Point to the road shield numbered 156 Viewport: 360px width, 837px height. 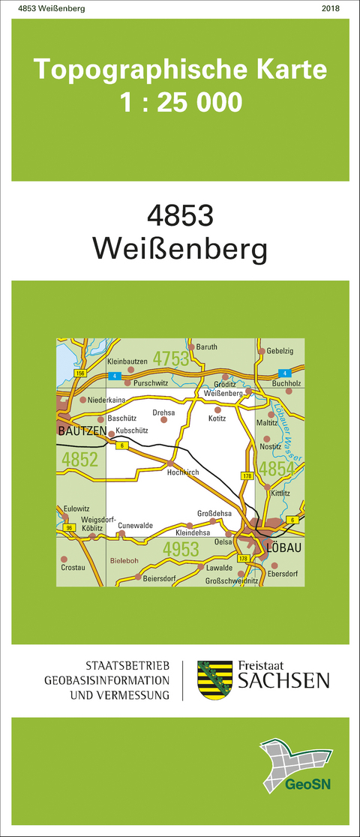point(81,373)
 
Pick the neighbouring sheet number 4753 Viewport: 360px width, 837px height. point(171,359)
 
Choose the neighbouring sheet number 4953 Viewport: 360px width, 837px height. point(181,550)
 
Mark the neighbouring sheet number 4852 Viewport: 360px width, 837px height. point(80,459)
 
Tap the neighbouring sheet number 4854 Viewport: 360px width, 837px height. point(277,469)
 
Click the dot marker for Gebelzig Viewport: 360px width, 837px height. point(261,351)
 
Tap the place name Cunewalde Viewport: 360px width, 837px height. point(135,526)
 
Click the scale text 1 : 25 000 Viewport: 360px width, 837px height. point(181,100)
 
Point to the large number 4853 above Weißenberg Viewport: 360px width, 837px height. point(180,215)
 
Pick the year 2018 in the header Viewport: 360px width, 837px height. point(330,8)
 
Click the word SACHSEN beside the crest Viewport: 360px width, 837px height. point(283,680)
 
